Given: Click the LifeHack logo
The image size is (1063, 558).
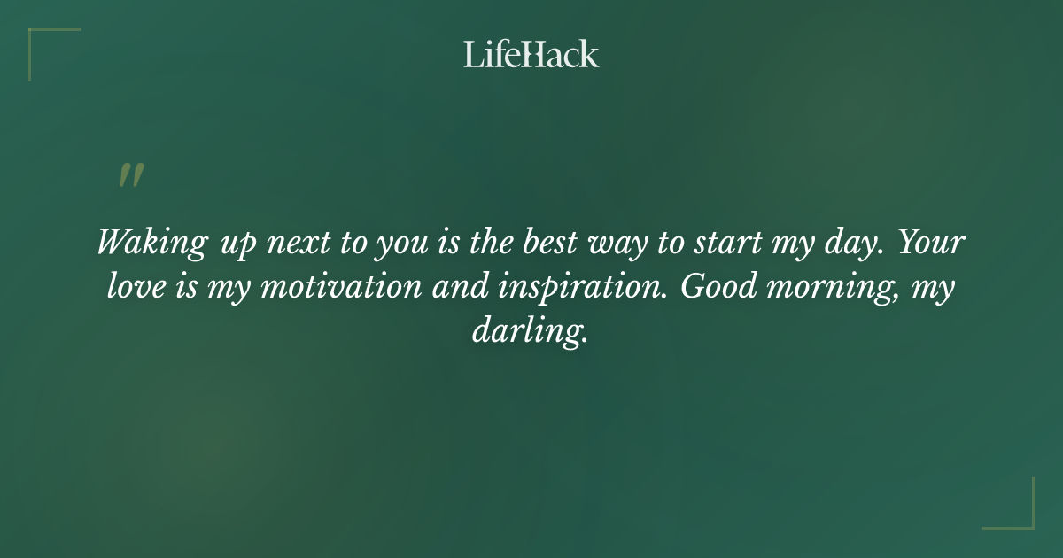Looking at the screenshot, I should point(531,55).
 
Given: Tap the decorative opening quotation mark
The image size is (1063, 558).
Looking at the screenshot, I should point(131,175).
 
